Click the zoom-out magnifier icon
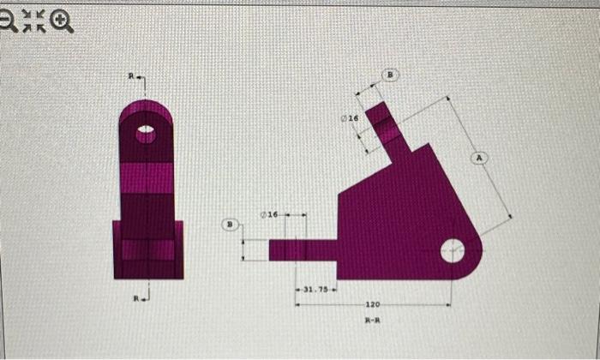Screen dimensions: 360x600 (x=9, y=21)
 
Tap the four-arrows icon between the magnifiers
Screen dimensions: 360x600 (x=35, y=21)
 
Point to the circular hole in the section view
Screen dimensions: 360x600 (x=453, y=252)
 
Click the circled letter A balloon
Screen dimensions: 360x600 (x=479, y=158)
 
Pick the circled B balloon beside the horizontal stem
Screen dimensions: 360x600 (x=229, y=225)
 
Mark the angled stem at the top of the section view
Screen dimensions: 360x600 (x=387, y=133)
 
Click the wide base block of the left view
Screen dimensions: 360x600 (x=147, y=249)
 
